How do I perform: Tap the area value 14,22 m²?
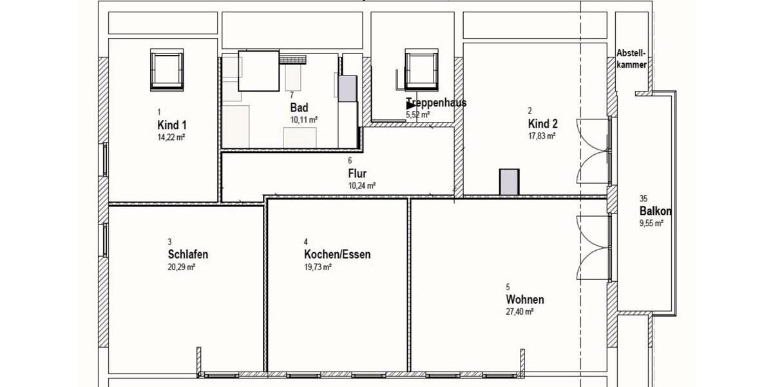(x=171, y=137)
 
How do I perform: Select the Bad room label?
(x=299, y=107)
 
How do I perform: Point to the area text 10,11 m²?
(x=303, y=119)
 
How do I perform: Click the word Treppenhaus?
(x=436, y=103)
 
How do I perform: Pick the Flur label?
(x=357, y=173)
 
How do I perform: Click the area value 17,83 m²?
(x=542, y=136)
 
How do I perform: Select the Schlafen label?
(x=187, y=253)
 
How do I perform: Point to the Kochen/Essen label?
(x=337, y=254)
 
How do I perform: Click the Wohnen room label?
(x=525, y=299)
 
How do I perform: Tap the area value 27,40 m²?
(x=520, y=312)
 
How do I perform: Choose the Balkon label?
(x=656, y=212)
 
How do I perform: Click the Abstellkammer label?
(x=631, y=58)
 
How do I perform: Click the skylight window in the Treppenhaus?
(x=422, y=68)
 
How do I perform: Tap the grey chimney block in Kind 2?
(x=509, y=181)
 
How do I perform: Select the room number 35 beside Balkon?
(x=644, y=199)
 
